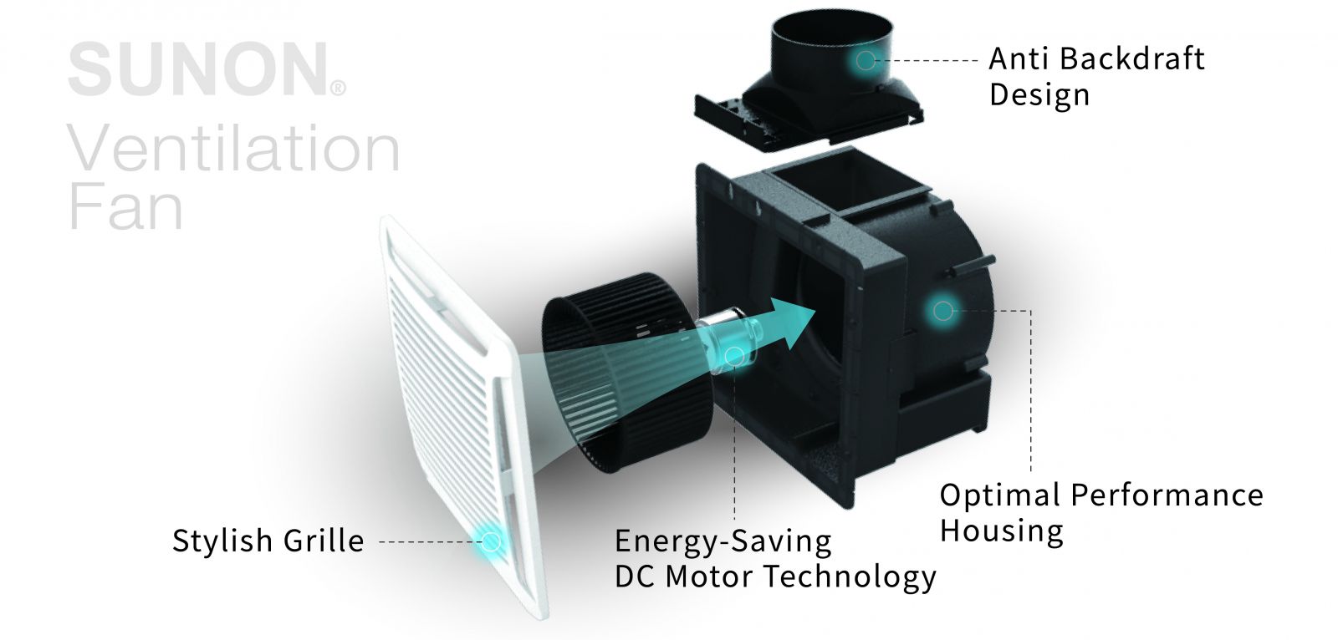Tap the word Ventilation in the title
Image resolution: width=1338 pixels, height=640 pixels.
233,149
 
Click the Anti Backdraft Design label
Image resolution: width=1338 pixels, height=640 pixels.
1095,76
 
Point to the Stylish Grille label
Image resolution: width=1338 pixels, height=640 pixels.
268,541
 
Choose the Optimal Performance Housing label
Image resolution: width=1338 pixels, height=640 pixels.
1101,512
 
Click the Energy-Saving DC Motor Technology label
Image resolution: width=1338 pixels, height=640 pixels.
774,558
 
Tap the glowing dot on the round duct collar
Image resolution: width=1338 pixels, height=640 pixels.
865,60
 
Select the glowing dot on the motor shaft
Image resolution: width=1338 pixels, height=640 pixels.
734,357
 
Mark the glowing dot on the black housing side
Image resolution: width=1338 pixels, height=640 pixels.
942,311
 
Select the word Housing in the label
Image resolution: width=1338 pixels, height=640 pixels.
1001,531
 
